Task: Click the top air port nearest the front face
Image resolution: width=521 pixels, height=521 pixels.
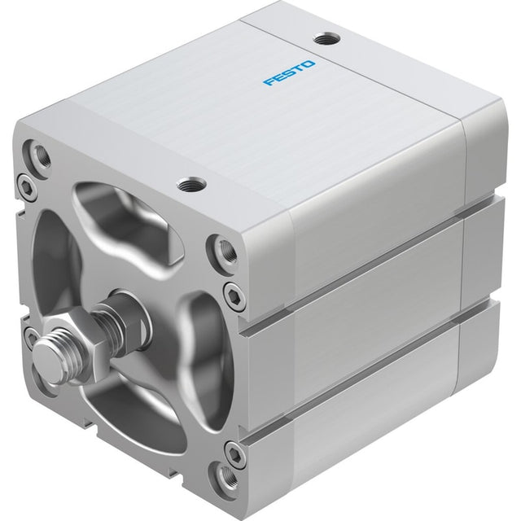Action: point(192,184)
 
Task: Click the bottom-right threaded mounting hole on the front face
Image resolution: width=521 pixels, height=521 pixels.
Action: point(226,478)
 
